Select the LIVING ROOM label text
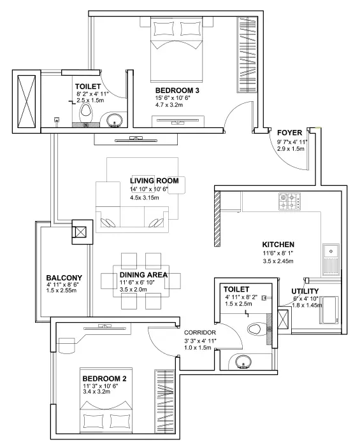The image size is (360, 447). [x=154, y=181]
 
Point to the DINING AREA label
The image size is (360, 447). [x=143, y=275]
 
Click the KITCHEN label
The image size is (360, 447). [x=278, y=245]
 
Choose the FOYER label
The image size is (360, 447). [x=289, y=133]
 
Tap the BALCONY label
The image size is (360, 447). [x=64, y=278]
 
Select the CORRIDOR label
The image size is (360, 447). [x=201, y=332]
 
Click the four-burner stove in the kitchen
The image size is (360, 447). [x=288, y=202]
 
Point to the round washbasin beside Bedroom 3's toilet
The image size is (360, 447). [x=115, y=119]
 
